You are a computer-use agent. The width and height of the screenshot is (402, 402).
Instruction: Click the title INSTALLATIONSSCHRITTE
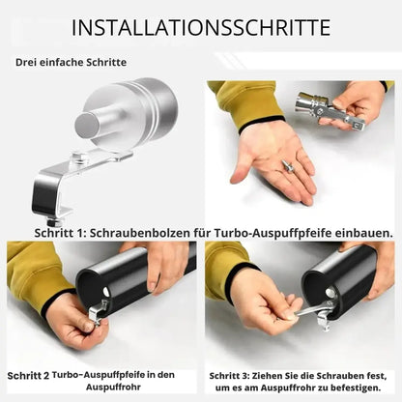(x=201, y=28)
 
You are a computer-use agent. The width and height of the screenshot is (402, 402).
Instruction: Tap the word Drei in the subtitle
(x=26, y=62)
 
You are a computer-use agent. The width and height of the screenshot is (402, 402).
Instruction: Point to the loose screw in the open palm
(x=287, y=166)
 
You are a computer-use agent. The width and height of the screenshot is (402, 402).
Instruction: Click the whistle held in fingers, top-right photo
(x=329, y=109)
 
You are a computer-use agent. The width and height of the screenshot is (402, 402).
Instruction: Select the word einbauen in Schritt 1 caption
(x=364, y=233)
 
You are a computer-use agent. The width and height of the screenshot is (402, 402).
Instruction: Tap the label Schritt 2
(x=28, y=376)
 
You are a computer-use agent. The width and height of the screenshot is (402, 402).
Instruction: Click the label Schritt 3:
(x=229, y=376)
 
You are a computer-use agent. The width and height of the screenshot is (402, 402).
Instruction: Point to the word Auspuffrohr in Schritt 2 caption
(x=113, y=387)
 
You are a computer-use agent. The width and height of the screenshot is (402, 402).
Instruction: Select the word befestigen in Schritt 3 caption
(x=354, y=388)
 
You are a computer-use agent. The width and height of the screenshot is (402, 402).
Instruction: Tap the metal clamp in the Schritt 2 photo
(x=98, y=311)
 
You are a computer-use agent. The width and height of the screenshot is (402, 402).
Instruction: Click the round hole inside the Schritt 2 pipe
(x=105, y=293)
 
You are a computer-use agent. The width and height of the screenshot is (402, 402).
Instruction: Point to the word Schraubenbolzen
(x=140, y=233)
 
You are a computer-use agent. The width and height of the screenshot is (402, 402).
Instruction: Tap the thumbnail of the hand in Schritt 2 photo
(x=88, y=326)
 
